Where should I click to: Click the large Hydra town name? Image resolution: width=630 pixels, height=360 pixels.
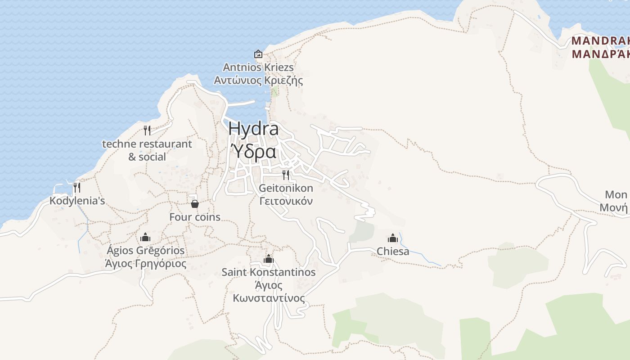point(253,129)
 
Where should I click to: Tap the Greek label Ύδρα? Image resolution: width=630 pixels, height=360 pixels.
point(253,152)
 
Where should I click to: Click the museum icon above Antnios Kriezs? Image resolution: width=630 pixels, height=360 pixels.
point(258,54)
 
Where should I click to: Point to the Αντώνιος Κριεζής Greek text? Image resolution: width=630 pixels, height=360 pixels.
point(258,81)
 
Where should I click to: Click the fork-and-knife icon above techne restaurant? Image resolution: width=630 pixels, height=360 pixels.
point(147,130)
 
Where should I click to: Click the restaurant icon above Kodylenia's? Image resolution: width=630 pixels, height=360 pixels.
point(77,187)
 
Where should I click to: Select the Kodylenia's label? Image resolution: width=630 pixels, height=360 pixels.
point(77,201)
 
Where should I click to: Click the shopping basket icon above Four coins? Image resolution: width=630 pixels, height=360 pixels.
point(195,204)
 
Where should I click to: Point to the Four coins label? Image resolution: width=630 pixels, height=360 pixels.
point(195,217)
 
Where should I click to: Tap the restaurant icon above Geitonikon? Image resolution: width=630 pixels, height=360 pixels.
point(286,175)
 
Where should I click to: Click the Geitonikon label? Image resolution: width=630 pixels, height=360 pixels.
point(286,188)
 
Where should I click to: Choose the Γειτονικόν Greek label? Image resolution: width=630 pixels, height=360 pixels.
point(286,201)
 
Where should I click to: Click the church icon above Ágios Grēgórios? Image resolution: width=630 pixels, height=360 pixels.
point(145,237)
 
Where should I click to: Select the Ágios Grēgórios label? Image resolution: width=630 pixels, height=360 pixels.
point(145,250)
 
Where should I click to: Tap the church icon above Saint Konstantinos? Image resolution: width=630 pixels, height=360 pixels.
point(269,259)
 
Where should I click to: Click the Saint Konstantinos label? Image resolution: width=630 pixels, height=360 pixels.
point(269,272)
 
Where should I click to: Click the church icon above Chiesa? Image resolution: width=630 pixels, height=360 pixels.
point(393,238)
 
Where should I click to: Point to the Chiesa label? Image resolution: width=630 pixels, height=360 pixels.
point(393,251)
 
